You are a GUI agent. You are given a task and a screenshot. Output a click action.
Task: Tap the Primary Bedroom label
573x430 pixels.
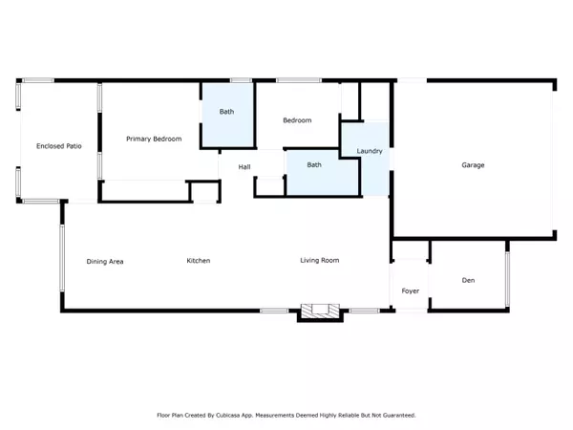154,140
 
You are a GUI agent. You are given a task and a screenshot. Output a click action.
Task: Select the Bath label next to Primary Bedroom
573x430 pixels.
226,112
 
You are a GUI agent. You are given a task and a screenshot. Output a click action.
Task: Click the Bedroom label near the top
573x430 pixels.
297,120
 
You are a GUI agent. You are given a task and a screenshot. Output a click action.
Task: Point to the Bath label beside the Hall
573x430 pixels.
314,164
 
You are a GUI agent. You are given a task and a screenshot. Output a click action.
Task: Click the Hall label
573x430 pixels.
244,167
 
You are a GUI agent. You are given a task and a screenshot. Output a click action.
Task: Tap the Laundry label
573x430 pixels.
370,152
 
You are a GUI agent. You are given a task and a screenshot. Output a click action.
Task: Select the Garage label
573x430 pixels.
473,165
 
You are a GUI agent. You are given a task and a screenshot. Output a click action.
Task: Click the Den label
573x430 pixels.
468,280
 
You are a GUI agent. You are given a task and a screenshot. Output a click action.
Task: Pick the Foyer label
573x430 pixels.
410,290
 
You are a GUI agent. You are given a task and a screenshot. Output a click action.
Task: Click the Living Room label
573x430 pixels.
319,260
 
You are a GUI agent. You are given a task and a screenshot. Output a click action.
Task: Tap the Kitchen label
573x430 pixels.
198,261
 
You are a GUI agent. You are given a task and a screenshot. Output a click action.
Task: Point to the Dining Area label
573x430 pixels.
105,261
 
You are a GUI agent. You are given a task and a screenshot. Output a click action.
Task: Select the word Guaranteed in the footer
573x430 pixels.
397,416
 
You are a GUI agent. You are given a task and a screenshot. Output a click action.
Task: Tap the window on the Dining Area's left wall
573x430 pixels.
62,258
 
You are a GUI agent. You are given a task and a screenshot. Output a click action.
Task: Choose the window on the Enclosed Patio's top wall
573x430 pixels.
38,80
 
